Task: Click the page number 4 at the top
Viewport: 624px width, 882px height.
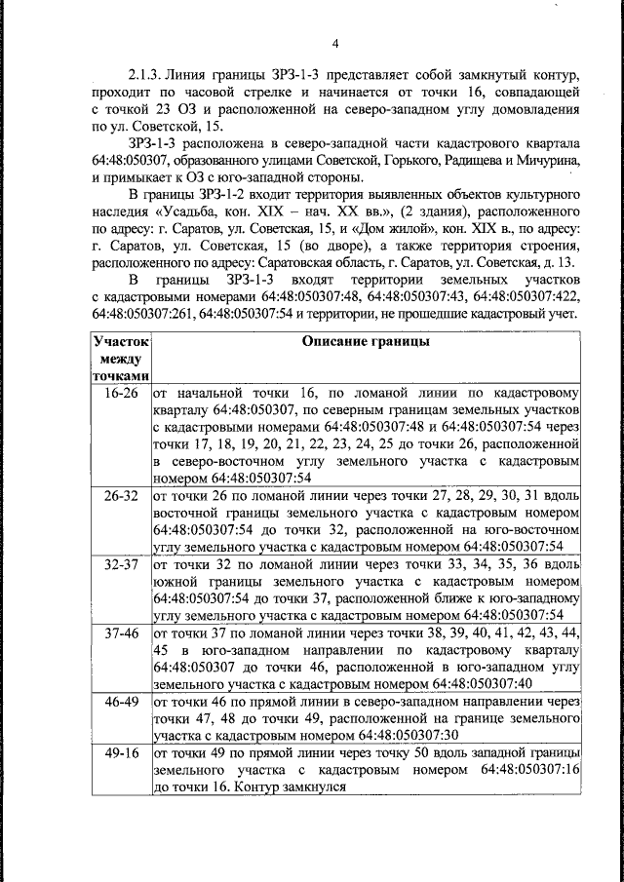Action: coord(334,43)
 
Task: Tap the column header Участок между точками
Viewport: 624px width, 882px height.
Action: coord(120,360)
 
